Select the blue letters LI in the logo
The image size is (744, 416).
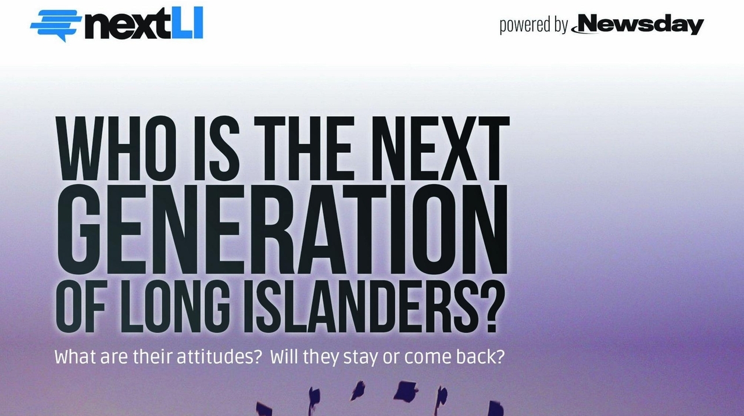[185, 23]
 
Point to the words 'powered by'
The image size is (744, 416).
[534, 26]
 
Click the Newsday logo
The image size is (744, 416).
[638, 24]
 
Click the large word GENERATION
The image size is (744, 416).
[282, 229]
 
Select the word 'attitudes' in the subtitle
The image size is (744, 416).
[217, 357]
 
